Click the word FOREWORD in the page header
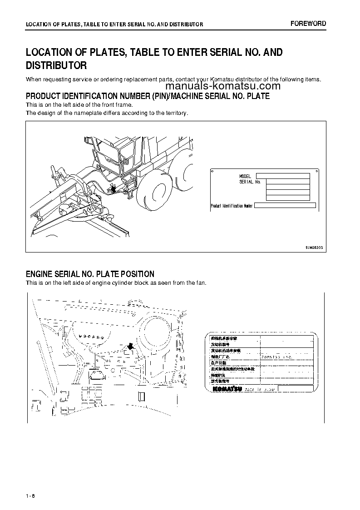pos(308,24)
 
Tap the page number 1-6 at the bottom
pos(30,495)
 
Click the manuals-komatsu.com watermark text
pos(223,86)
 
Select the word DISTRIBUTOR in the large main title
pos(56,65)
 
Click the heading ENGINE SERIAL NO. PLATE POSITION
pos(90,274)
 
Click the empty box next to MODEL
pos(282,176)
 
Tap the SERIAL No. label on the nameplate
pos(249,182)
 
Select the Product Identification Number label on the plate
pos(231,206)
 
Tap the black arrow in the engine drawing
pos(130,347)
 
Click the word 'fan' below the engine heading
pos(200,283)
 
